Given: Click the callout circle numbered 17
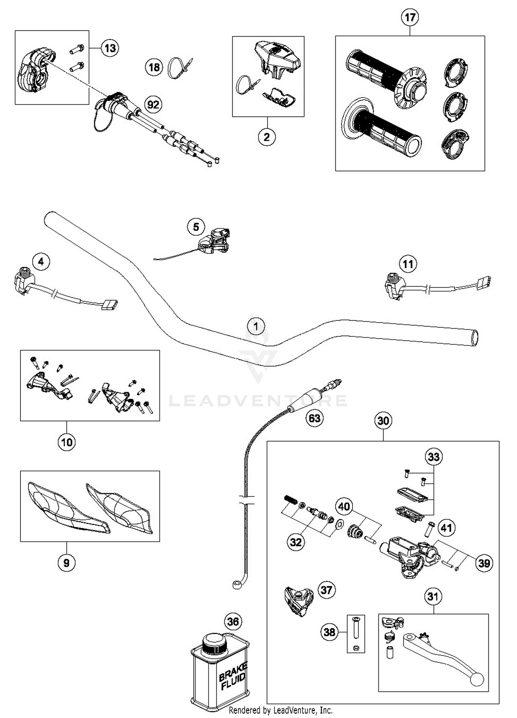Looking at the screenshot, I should coord(410,17).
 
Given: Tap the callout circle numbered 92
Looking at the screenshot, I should coord(153,104).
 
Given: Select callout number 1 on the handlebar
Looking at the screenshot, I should coord(256,326).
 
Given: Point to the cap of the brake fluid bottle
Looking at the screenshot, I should coord(214,643).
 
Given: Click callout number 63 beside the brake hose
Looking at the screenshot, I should coord(314,418).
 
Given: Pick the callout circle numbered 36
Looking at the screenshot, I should coord(233,621).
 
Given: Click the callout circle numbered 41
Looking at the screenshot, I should coord(446,528).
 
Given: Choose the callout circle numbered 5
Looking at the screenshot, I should coord(196,227).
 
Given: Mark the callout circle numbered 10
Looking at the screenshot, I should coord(67,442).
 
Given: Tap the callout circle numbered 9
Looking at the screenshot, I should coord(67,563).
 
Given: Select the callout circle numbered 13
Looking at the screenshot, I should coord(110,48).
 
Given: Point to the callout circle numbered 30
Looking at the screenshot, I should coord(383,420).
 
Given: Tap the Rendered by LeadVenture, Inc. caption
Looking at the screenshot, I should coord(281,710).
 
